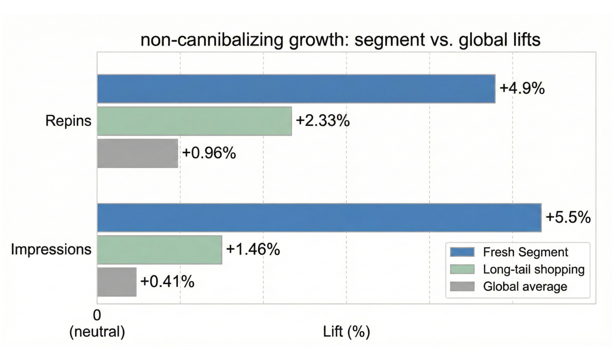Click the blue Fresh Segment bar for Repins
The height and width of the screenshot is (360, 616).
tap(296, 89)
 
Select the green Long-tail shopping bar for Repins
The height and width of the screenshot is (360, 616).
tap(194, 121)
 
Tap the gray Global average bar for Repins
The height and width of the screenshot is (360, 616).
tap(137, 153)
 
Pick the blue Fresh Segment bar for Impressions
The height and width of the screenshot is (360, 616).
tap(319, 218)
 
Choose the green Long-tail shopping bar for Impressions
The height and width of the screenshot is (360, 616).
tap(160, 250)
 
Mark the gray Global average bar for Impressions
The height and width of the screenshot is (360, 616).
tap(117, 282)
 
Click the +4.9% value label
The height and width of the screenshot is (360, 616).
tap(522, 89)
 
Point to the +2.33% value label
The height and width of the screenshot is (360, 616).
tap(322, 121)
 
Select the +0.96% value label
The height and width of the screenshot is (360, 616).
tap(209, 153)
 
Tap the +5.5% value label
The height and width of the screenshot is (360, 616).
tap(568, 217)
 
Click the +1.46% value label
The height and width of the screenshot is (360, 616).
tap(253, 249)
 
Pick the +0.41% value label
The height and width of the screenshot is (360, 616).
tap(167, 281)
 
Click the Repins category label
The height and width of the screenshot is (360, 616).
tap(68, 121)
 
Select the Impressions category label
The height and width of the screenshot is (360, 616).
tap(51, 250)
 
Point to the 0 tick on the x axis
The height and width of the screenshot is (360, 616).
tap(97, 316)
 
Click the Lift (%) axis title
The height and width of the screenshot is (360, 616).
tap(346, 332)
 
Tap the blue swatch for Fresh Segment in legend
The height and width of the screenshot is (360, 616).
tap(462, 252)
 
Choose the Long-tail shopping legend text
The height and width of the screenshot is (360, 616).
tap(534, 270)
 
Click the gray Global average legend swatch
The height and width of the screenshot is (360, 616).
tap(462, 286)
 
